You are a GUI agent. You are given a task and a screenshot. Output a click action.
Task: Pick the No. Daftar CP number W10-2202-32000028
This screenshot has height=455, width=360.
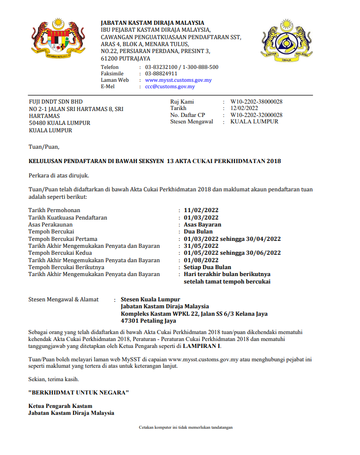click(256, 115)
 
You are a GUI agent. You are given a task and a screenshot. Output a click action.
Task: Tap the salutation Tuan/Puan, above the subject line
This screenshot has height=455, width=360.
click(44, 147)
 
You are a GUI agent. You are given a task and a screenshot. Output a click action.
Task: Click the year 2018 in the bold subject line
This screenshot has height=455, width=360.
click(274, 161)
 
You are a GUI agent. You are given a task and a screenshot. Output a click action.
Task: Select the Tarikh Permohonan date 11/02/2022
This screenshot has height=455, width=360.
click(201, 210)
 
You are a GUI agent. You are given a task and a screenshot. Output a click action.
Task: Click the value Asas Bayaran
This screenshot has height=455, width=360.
click(202, 225)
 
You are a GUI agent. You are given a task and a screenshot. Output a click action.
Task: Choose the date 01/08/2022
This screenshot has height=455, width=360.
click(201, 260)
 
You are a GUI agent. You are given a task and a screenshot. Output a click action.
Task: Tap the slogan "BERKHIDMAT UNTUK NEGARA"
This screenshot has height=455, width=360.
click(79, 393)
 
